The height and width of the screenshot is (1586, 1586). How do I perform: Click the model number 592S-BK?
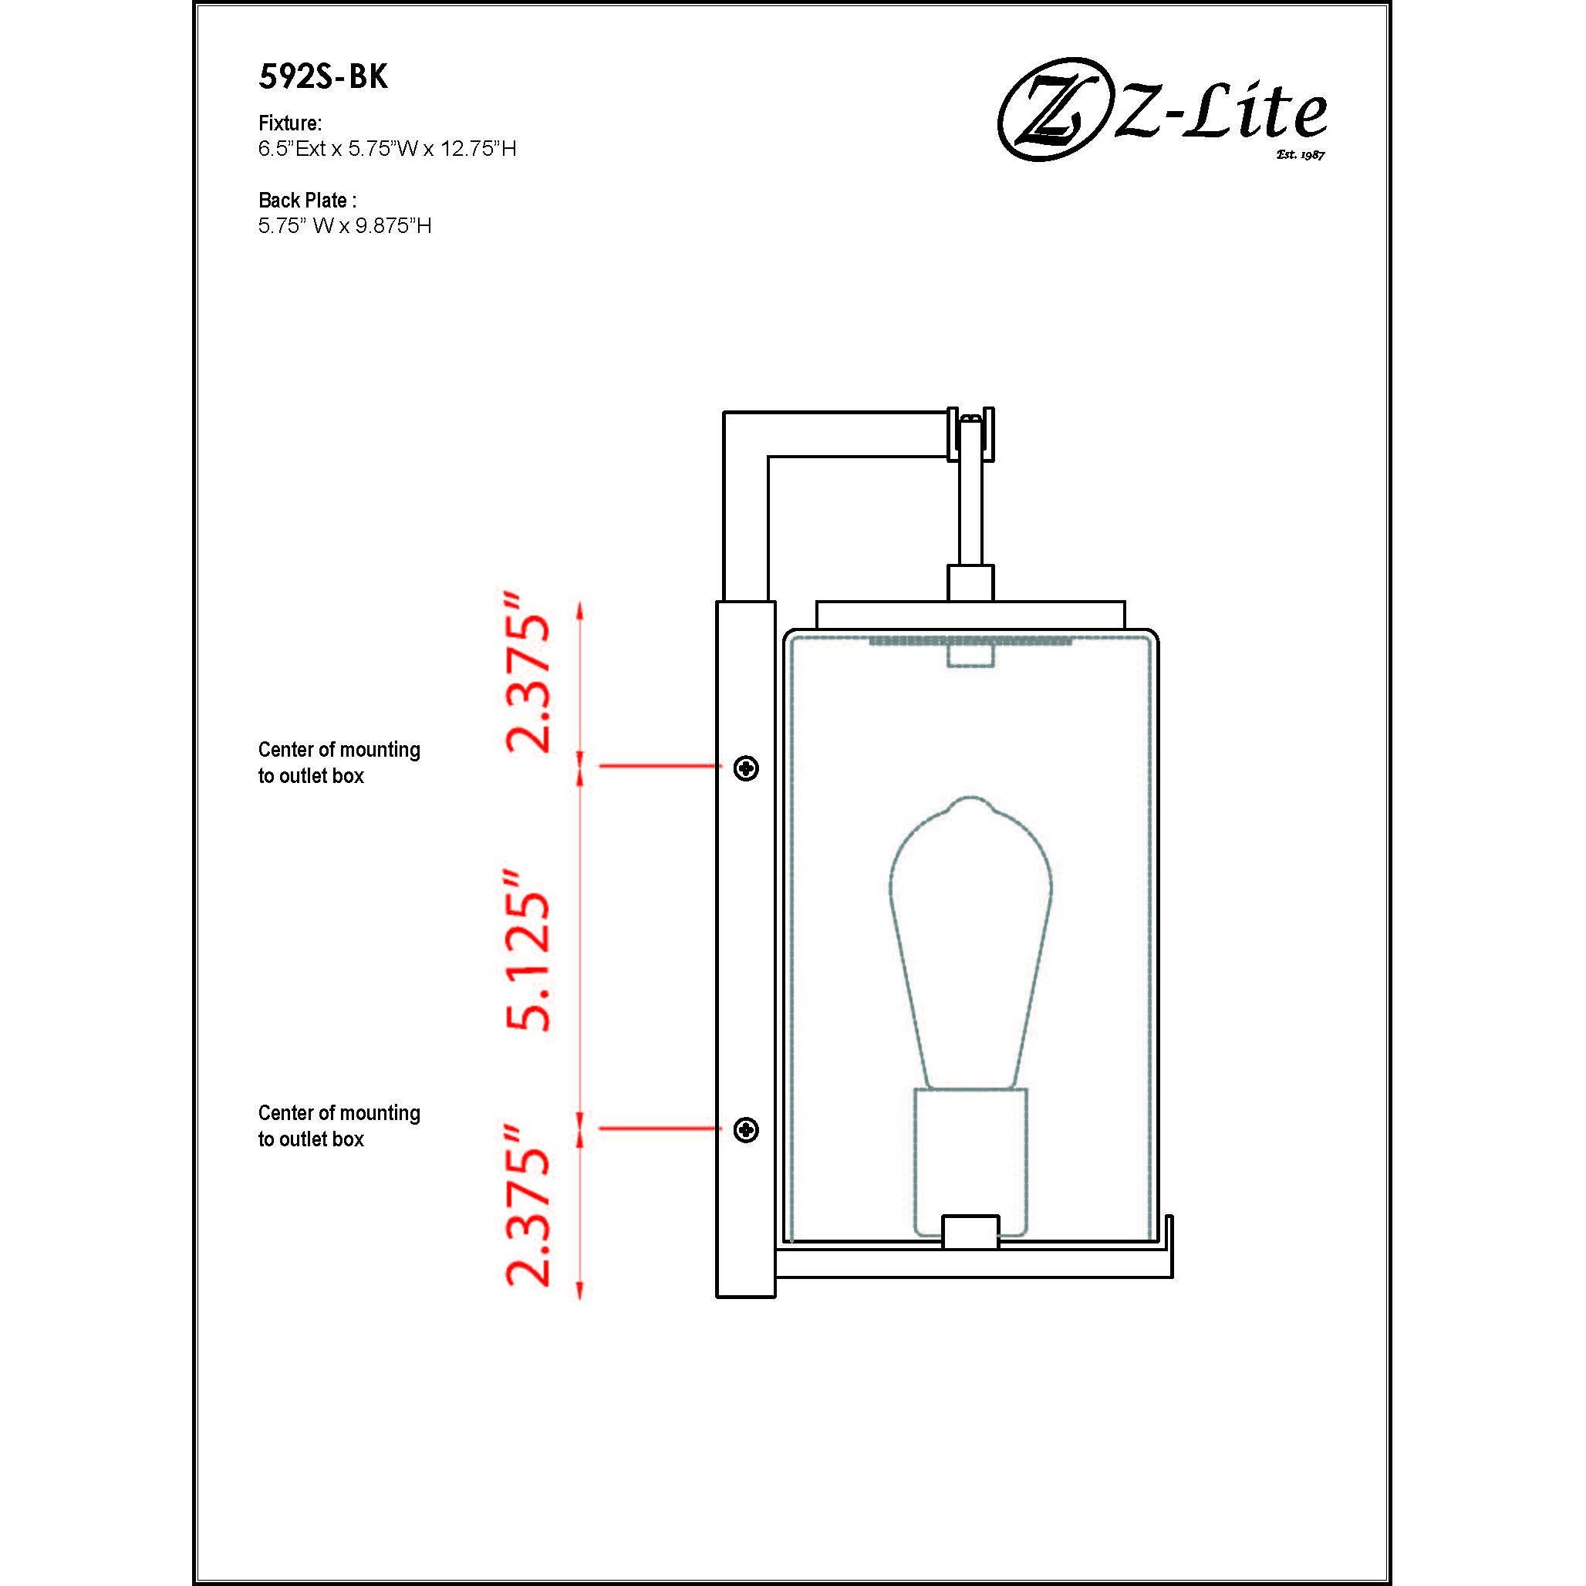(322, 77)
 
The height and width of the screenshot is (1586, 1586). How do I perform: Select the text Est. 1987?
(1301, 154)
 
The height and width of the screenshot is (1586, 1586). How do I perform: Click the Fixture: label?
(290, 123)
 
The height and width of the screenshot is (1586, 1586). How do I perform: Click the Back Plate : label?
(308, 200)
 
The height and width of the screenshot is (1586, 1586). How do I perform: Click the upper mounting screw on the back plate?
(745, 768)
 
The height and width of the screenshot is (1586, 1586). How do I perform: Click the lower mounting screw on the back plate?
(745, 1130)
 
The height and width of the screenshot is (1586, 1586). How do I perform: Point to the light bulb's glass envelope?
(970, 920)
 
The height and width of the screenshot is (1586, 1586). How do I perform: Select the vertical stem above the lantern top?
(970, 517)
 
